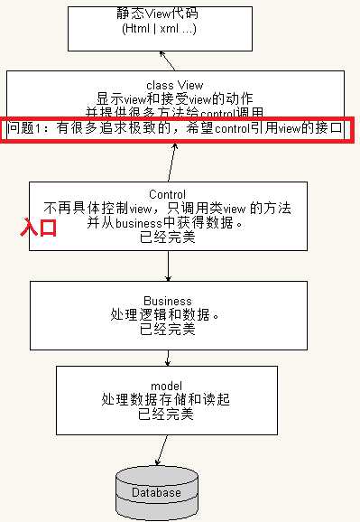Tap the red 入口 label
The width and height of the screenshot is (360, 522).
[40, 228]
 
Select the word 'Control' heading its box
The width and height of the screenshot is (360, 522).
[167, 194]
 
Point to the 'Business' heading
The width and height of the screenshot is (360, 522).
[168, 301]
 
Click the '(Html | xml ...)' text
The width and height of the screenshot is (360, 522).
[160, 28]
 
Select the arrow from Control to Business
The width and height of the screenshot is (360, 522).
[169, 266]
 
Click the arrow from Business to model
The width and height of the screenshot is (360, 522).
[169, 352]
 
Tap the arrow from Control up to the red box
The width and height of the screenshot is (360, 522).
[171, 160]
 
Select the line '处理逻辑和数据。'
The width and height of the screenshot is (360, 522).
[168, 315]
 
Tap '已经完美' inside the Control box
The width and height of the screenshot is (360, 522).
[167, 238]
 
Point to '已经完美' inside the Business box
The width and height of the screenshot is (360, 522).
[168, 330]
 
